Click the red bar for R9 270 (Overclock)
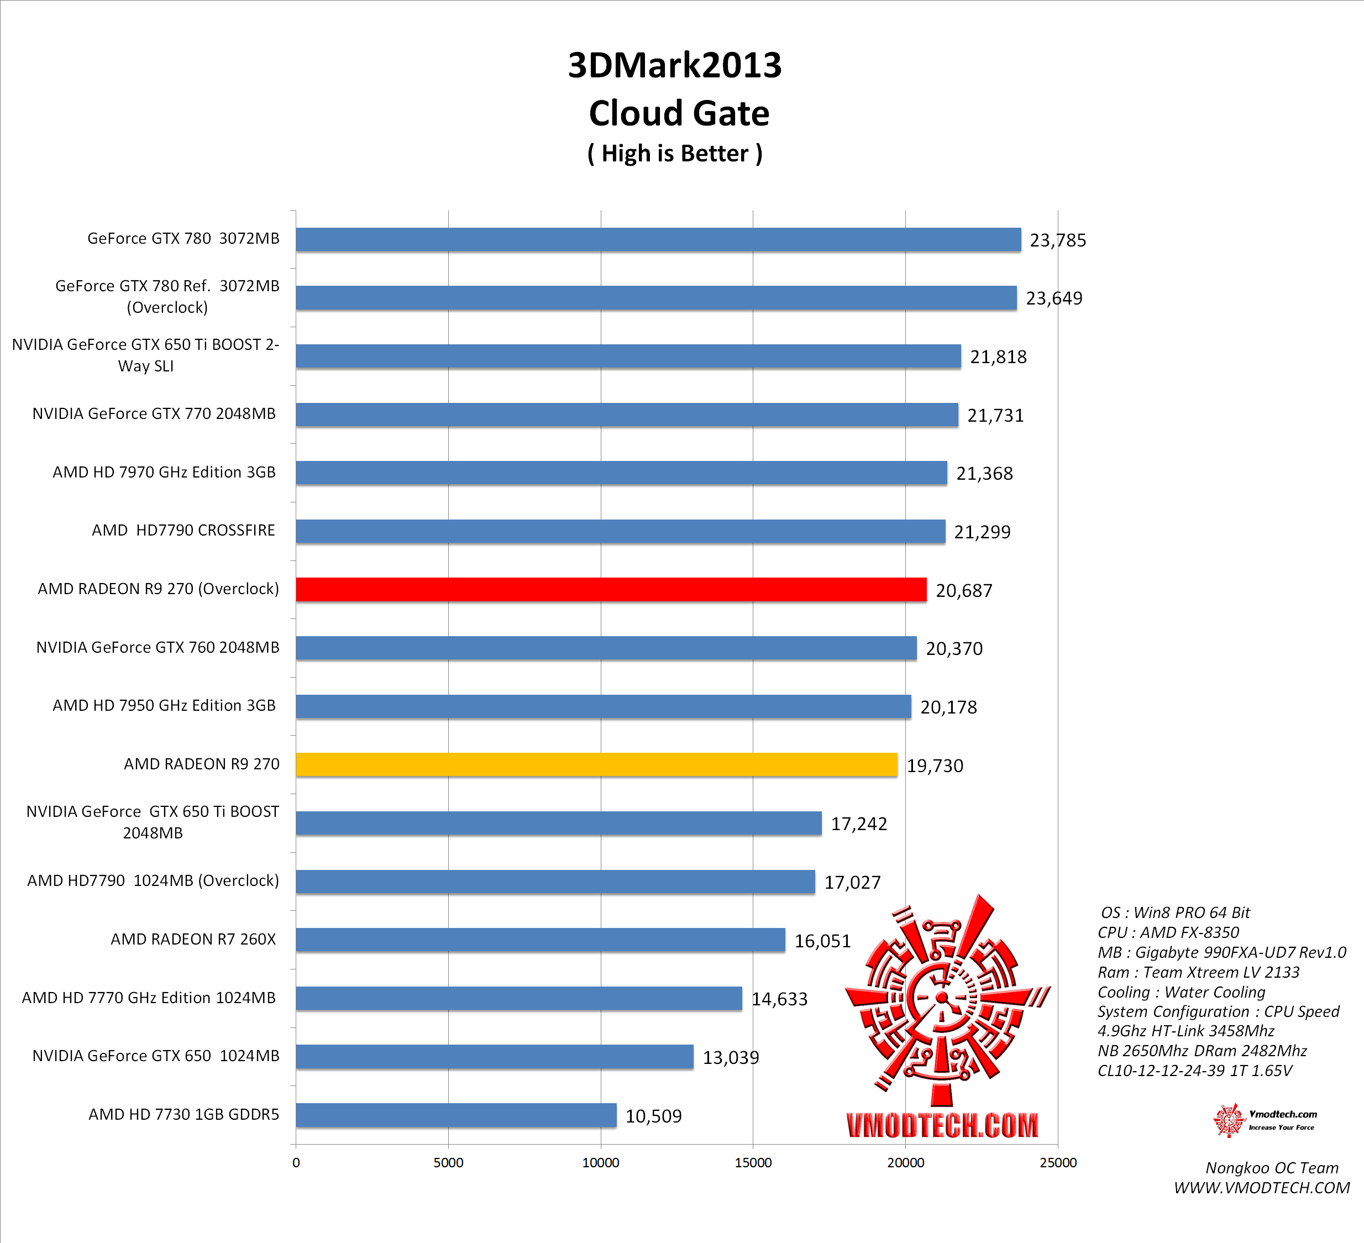611,589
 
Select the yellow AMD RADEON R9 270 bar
596,764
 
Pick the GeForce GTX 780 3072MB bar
658,239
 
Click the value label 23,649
1053,298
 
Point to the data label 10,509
653,1116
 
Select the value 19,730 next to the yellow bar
935,765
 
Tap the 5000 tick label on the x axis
448,1162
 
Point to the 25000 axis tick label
1057,1162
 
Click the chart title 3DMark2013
675,66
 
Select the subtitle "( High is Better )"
675,154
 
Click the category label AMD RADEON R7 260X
193,939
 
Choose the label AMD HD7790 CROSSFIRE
183,530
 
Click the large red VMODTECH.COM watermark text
942,1125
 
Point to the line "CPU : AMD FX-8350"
1168,932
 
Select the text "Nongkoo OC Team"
1271,1168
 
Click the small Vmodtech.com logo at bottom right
1264,1120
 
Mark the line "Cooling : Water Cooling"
1181,992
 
